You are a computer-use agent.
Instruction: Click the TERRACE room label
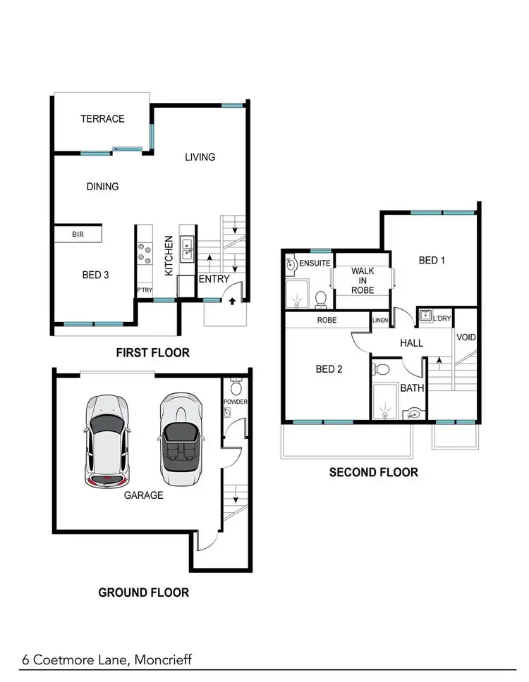(102, 119)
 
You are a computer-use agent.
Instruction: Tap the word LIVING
(200, 157)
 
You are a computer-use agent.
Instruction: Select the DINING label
(102, 187)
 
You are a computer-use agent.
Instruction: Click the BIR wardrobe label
(78, 234)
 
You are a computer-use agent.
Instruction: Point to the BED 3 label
(95, 275)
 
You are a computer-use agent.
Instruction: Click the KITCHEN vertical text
(169, 255)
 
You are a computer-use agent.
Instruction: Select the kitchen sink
(188, 247)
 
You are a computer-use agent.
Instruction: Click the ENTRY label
(214, 279)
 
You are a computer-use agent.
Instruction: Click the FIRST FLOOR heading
(152, 352)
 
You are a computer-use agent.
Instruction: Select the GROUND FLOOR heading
(143, 593)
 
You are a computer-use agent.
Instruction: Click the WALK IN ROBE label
(363, 280)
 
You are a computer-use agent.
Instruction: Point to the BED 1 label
(432, 261)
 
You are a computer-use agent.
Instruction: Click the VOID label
(466, 337)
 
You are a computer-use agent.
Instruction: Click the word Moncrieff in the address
(156, 660)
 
